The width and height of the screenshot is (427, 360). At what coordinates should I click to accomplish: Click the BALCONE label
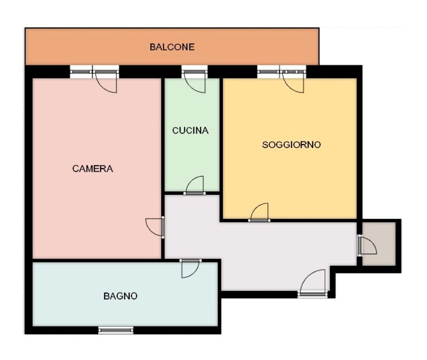(172, 47)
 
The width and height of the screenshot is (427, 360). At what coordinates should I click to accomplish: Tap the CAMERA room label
(93, 169)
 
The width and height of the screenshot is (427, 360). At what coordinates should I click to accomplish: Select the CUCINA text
(190, 131)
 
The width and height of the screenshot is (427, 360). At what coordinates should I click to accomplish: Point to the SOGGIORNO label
(291, 145)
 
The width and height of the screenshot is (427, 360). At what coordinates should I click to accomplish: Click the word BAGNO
(120, 296)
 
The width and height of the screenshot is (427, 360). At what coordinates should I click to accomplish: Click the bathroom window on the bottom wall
(116, 330)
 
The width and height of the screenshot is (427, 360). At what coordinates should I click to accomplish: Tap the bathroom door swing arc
(191, 268)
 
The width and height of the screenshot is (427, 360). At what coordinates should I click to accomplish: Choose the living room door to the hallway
(259, 212)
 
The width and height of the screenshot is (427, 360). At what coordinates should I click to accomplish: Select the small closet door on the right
(368, 245)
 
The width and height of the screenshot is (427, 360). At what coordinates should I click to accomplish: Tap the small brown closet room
(379, 243)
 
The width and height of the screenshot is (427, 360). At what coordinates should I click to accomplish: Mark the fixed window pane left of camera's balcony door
(81, 72)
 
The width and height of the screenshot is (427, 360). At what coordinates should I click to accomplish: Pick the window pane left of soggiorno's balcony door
(269, 72)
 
